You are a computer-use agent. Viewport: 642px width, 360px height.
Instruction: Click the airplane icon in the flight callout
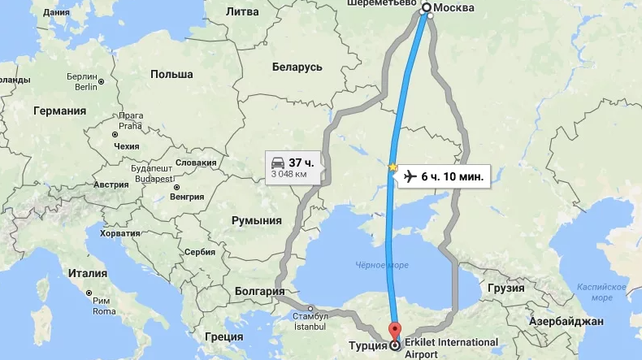click(410, 176)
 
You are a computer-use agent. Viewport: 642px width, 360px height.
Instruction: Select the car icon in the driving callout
click(277, 161)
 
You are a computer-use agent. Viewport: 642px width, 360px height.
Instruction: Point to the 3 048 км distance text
click(288, 174)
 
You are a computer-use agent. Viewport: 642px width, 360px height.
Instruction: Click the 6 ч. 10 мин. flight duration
click(453, 176)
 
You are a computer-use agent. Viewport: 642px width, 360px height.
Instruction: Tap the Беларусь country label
click(297, 67)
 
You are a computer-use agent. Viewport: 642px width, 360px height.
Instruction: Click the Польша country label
click(171, 74)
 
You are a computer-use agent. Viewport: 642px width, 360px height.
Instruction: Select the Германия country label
click(59, 111)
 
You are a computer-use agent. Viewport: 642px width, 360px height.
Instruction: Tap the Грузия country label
click(505, 288)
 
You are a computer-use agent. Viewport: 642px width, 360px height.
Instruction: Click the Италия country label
click(88, 273)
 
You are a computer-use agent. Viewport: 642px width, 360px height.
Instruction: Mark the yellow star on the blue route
click(393, 168)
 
